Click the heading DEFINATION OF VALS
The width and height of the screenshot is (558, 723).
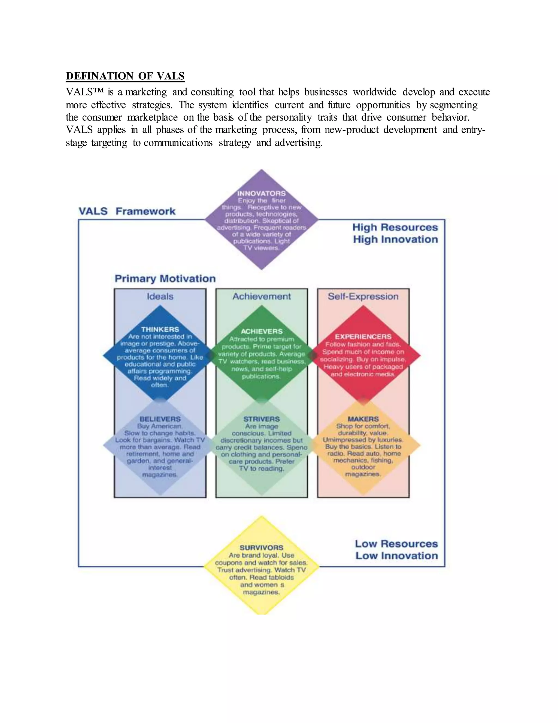pyautogui.click(x=125, y=76)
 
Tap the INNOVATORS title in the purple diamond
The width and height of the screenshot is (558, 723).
pyautogui.click(x=261, y=193)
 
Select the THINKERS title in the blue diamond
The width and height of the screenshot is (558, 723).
pyautogui.click(x=160, y=329)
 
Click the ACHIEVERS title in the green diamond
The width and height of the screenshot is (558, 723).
pyautogui.click(x=262, y=331)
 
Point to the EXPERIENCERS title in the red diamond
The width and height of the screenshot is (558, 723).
pyautogui.click(x=363, y=337)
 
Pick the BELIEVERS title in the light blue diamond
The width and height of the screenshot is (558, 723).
pyautogui.click(x=160, y=419)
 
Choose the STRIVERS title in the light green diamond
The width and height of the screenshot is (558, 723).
pyautogui.click(x=262, y=419)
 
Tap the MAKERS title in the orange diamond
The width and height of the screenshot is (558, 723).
pyautogui.click(x=363, y=419)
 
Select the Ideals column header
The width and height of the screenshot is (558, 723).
pyautogui.click(x=160, y=296)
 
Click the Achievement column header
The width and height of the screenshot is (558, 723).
pyautogui.click(x=262, y=296)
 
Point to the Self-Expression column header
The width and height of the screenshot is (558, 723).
pyautogui.click(x=363, y=296)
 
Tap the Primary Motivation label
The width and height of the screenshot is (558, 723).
pyautogui.click(x=165, y=279)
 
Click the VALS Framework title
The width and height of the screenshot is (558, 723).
pyautogui.click(x=127, y=211)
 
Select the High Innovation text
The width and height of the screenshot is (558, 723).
pyautogui.click(x=395, y=239)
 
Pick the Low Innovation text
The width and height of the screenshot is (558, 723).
pyautogui.click(x=396, y=556)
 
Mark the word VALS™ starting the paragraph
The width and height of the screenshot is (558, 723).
pyautogui.click(x=85, y=92)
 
